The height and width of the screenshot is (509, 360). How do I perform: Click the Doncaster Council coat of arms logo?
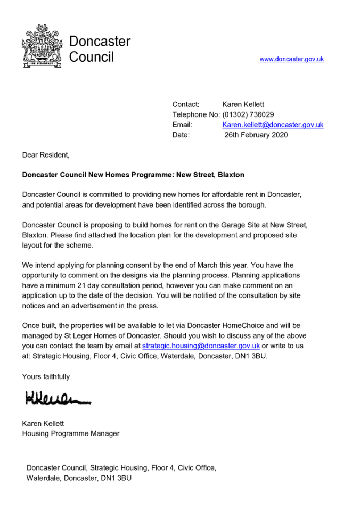[x=42, y=46]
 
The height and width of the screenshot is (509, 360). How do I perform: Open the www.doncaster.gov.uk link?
[x=291, y=59]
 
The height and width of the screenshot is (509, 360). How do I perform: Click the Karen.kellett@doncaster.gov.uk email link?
[x=273, y=125]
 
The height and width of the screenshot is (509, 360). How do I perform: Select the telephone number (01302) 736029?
[x=248, y=114]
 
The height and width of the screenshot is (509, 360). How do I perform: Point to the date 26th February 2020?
[x=256, y=135]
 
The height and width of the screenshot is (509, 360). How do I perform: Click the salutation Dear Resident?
[x=46, y=155]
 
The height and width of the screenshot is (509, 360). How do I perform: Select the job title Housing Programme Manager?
[x=71, y=433]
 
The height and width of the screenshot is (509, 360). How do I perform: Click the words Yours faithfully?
[x=46, y=376]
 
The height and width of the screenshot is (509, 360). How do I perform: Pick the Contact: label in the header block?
[x=186, y=104]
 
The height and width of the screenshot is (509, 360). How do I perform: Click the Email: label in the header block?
[x=182, y=125]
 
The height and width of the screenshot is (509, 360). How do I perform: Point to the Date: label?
[x=181, y=135]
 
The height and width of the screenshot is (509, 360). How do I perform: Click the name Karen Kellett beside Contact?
[x=243, y=104]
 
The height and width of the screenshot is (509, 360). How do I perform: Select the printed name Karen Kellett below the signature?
[x=43, y=423]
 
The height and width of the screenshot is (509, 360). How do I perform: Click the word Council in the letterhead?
[x=92, y=57]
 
